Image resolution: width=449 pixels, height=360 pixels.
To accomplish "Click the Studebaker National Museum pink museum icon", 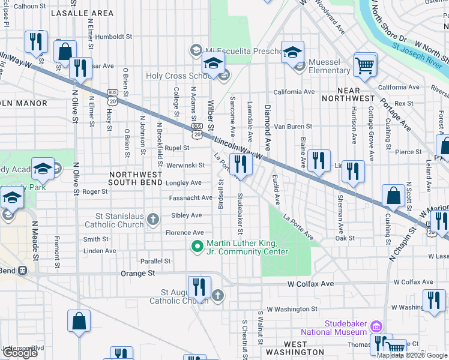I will [x=376, y=327].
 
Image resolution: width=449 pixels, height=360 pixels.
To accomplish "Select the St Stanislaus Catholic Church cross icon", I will [x=154, y=218].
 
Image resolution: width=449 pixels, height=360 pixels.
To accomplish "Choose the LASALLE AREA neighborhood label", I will [x=85, y=13].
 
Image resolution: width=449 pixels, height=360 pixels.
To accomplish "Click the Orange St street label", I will [x=137, y=273].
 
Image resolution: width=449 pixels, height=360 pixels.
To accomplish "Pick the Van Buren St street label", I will [x=293, y=127].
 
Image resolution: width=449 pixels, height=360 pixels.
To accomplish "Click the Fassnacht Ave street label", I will [x=191, y=197].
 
